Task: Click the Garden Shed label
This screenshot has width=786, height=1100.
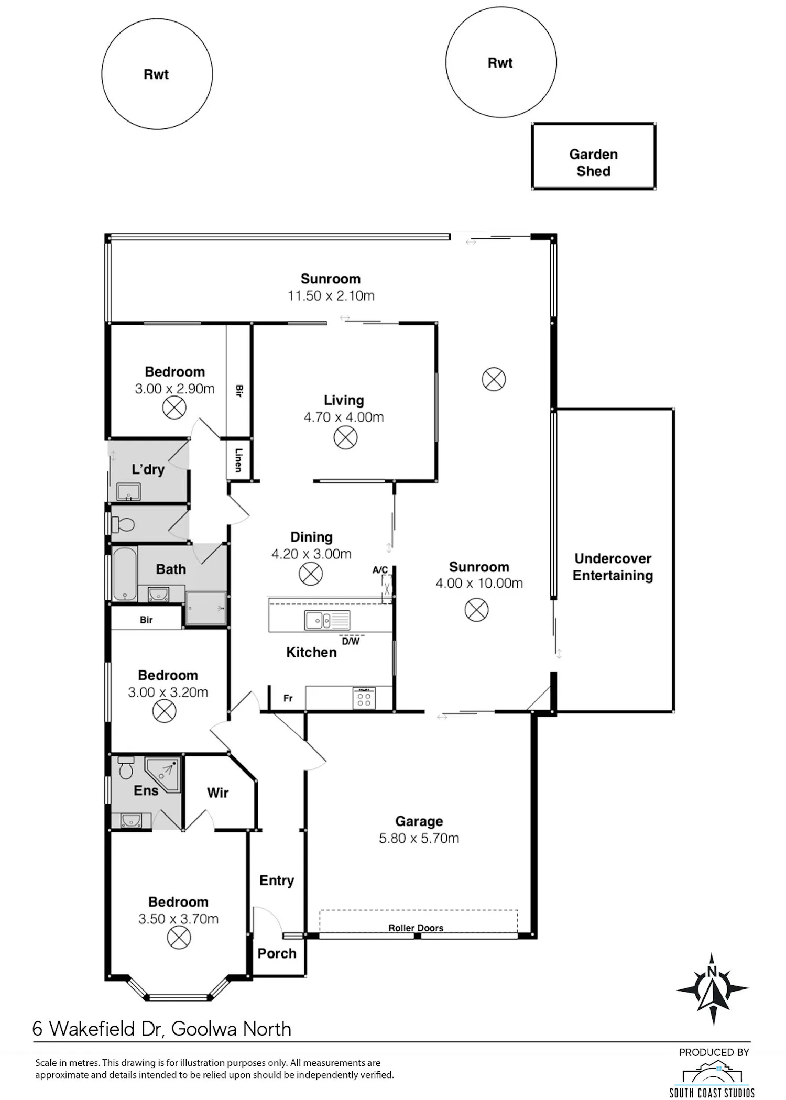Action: [x=593, y=162]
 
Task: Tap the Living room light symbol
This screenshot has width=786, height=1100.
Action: [x=345, y=437]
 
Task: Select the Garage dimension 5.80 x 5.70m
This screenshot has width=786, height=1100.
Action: [x=419, y=838]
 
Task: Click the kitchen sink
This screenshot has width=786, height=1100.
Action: [x=327, y=621]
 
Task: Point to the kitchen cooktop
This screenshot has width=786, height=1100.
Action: [x=364, y=698]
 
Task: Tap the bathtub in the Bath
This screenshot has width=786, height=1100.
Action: [x=125, y=574]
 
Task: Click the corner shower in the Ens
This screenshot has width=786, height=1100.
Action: [x=163, y=774]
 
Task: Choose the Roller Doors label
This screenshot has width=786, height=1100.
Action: [x=416, y=928]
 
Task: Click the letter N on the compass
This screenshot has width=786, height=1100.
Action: [x=712, y=972]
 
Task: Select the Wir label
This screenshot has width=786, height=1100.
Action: [x=217, y=793]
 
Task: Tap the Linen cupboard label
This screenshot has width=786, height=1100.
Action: [x=238, y=460]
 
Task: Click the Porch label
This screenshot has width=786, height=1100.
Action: [x=277, y=953]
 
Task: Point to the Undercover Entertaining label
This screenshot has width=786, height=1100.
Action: [x=613, y=567]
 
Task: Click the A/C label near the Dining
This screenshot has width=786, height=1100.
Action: [x=380, y=570]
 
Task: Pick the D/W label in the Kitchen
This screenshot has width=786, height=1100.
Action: [x=351, y=641]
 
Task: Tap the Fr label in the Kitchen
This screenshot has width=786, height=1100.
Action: [x=288, y=698]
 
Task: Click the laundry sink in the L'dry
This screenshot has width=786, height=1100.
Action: [x=128, y=492]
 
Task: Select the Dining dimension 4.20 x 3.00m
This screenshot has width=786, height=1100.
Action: [x=311, y=554]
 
